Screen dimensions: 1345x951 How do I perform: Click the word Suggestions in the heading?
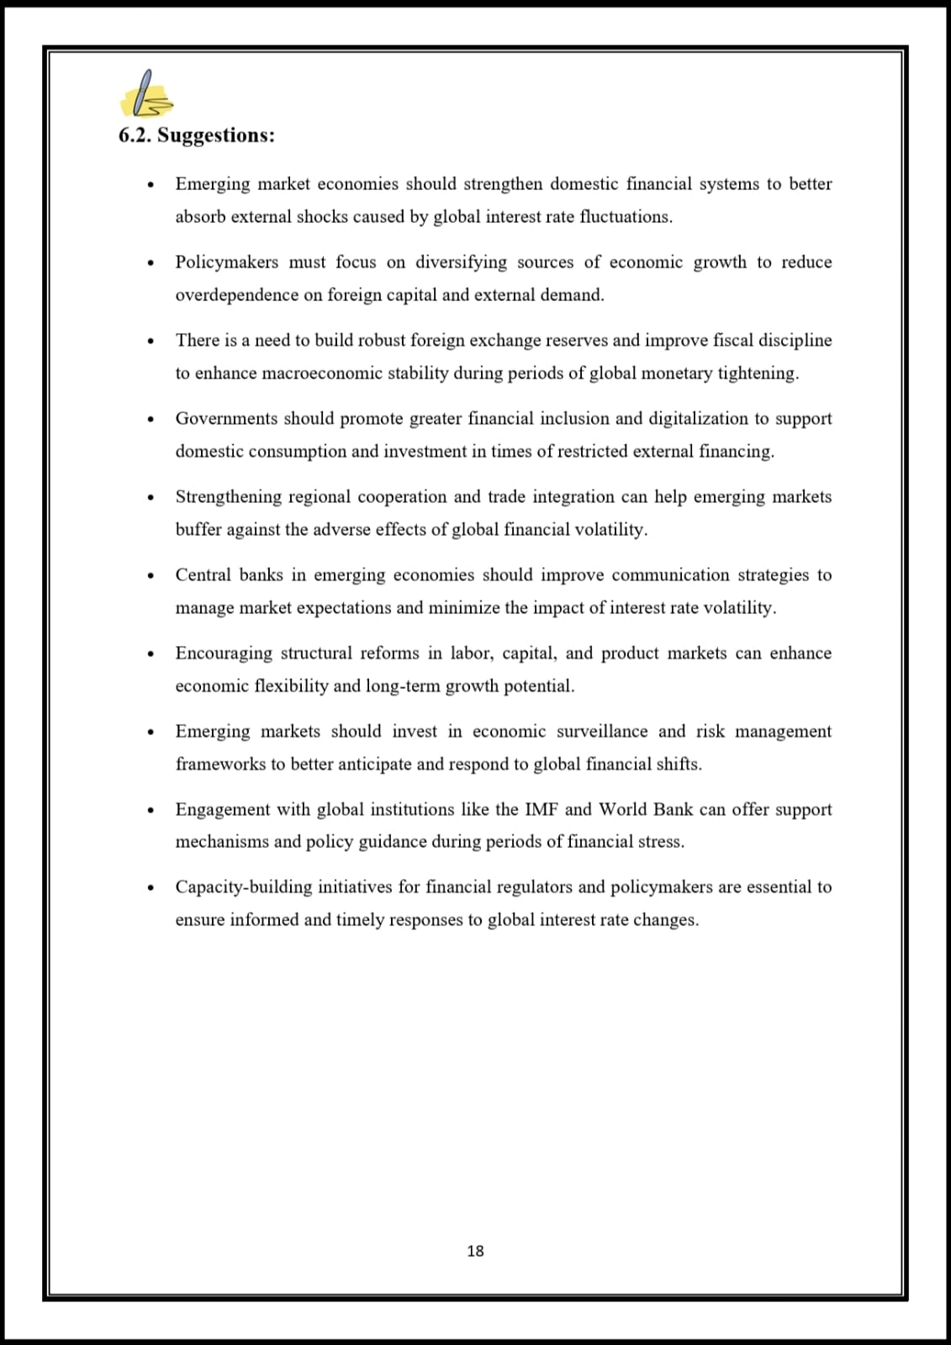click(215, 136)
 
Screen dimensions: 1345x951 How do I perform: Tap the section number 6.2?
click(135, 136)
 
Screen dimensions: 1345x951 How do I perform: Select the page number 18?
click(475, 1251)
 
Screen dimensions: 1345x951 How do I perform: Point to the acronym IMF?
click(541, 809)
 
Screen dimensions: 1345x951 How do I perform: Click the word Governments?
click(225, 419)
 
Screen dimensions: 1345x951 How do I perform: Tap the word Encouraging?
click(223, 654)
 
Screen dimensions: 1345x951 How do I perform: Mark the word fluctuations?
click(626, 217)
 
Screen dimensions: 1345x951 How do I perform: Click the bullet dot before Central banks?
click(151, 576)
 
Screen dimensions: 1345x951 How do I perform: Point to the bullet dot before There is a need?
click(151, 342)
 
